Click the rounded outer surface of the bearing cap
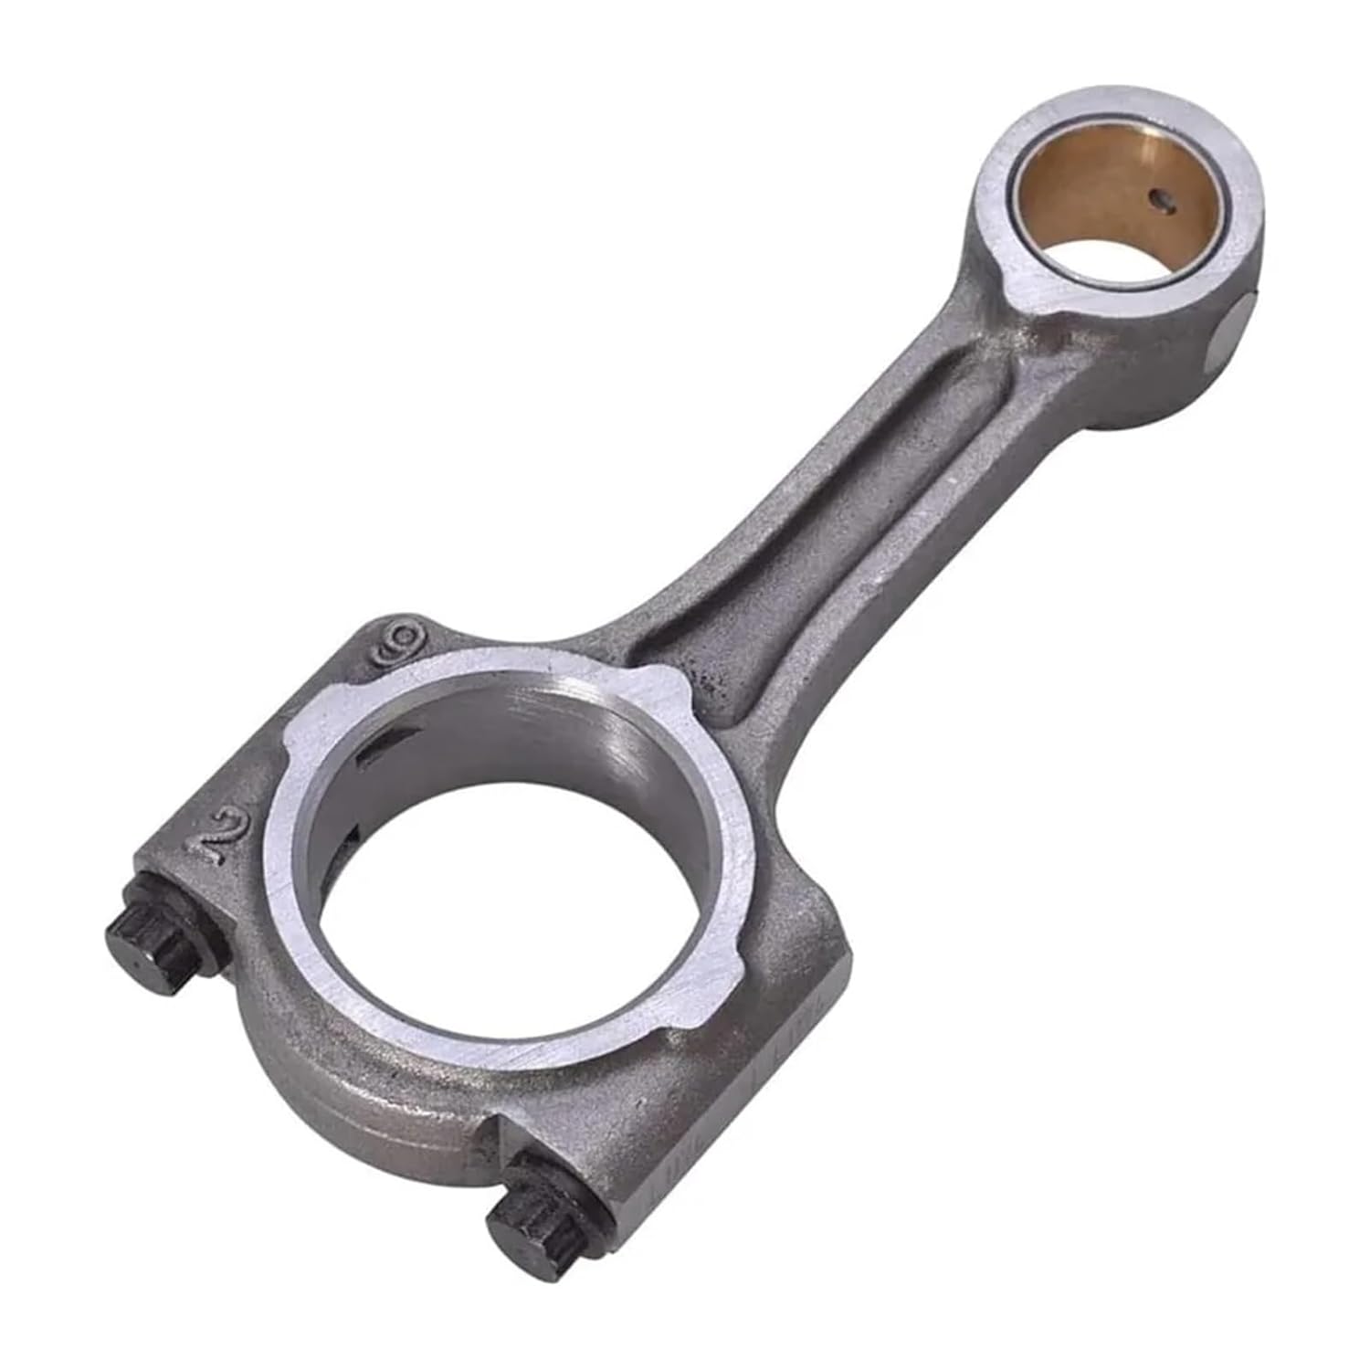click(365, 1087)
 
